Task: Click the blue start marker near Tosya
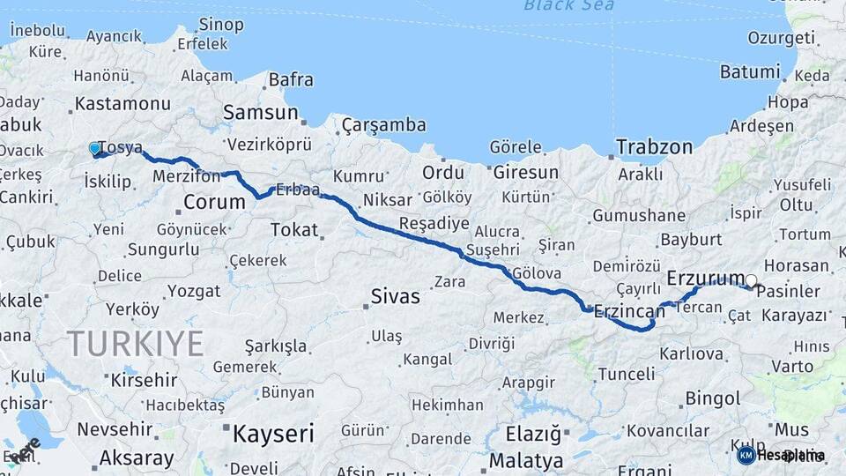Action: click(x=95, y=149)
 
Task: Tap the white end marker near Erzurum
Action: click(x=751, y=281)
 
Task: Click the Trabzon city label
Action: click(x=654, y=147)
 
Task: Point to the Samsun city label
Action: click(x=260, y=113)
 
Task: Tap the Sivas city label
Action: click(x=396, y=296)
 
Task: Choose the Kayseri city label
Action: click(x=273, y=433)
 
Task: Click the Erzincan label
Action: click(x=629, y=310)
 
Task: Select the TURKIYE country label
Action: click(x=136, y=343)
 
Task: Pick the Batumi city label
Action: click(x=750, y=72)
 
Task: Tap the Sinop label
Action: click(x=221, y=24)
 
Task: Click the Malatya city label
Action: click(x=526, y=460)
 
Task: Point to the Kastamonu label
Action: click(x=122, y=103)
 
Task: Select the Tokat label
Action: click(x=294, y=229)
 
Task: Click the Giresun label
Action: click(x=526, y=172)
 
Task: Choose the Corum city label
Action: click(x=214, y=202)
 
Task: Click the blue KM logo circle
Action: click(x=746, y=455)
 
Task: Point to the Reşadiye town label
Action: click(x=431, y=223)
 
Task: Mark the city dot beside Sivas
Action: click(x=366, y=307)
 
